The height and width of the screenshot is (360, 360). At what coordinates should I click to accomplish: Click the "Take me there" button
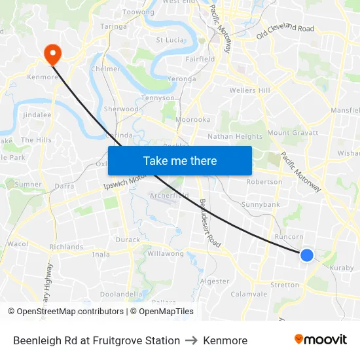(x=180, y=160)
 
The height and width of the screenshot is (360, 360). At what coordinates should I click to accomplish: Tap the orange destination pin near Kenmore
(x=51, y=52)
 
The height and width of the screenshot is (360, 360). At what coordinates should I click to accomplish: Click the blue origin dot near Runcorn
(x=306, y=255)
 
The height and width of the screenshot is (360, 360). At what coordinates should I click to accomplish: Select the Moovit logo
(x=321, y=340)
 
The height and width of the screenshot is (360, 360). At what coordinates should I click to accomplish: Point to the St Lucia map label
(x=169, y=40)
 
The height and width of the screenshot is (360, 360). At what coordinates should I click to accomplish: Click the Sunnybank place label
(x=261, y=205)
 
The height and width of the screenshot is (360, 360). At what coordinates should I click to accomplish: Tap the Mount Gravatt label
(x=293, y=133)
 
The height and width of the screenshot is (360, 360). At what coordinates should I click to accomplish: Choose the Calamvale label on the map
(x=249, y=294)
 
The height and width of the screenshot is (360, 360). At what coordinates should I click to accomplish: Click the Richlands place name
(x=66, y=247)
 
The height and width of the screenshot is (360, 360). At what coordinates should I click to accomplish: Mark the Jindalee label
(x=37, y=115)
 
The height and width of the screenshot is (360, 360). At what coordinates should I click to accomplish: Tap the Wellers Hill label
(x=249, y=90)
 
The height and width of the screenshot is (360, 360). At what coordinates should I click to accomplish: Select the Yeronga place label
(x=181, y=79)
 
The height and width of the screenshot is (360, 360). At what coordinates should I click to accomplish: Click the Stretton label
(x=285, y=285)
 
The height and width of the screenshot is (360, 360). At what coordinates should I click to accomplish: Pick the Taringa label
(x=113, y=27)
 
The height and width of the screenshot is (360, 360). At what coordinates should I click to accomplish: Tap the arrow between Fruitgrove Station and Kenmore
(x=191, y=340)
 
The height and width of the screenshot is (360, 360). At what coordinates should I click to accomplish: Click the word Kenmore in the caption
(x=225, y=340)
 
